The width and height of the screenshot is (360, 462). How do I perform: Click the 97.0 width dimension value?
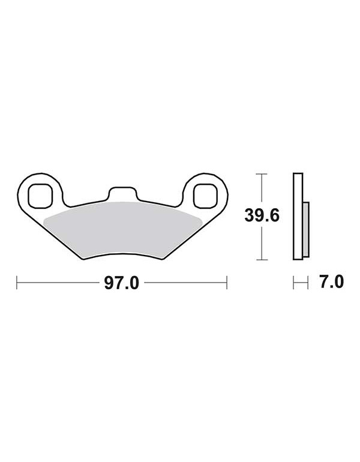[x=121, y=283]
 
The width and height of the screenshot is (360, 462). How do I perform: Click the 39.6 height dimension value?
[x=262, y=216]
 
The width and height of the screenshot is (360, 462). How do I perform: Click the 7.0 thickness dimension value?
[x=332, y=281]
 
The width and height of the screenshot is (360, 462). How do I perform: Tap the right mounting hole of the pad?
[x=205, y=196]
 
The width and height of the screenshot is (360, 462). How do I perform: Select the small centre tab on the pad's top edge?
[x=122, y=193]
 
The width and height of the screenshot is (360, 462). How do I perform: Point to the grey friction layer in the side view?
[x=306, y=229]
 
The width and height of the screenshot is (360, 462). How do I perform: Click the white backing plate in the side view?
[x=298, y=216]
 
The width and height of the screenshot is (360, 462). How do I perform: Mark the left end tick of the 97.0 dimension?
[x=17, y=283]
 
